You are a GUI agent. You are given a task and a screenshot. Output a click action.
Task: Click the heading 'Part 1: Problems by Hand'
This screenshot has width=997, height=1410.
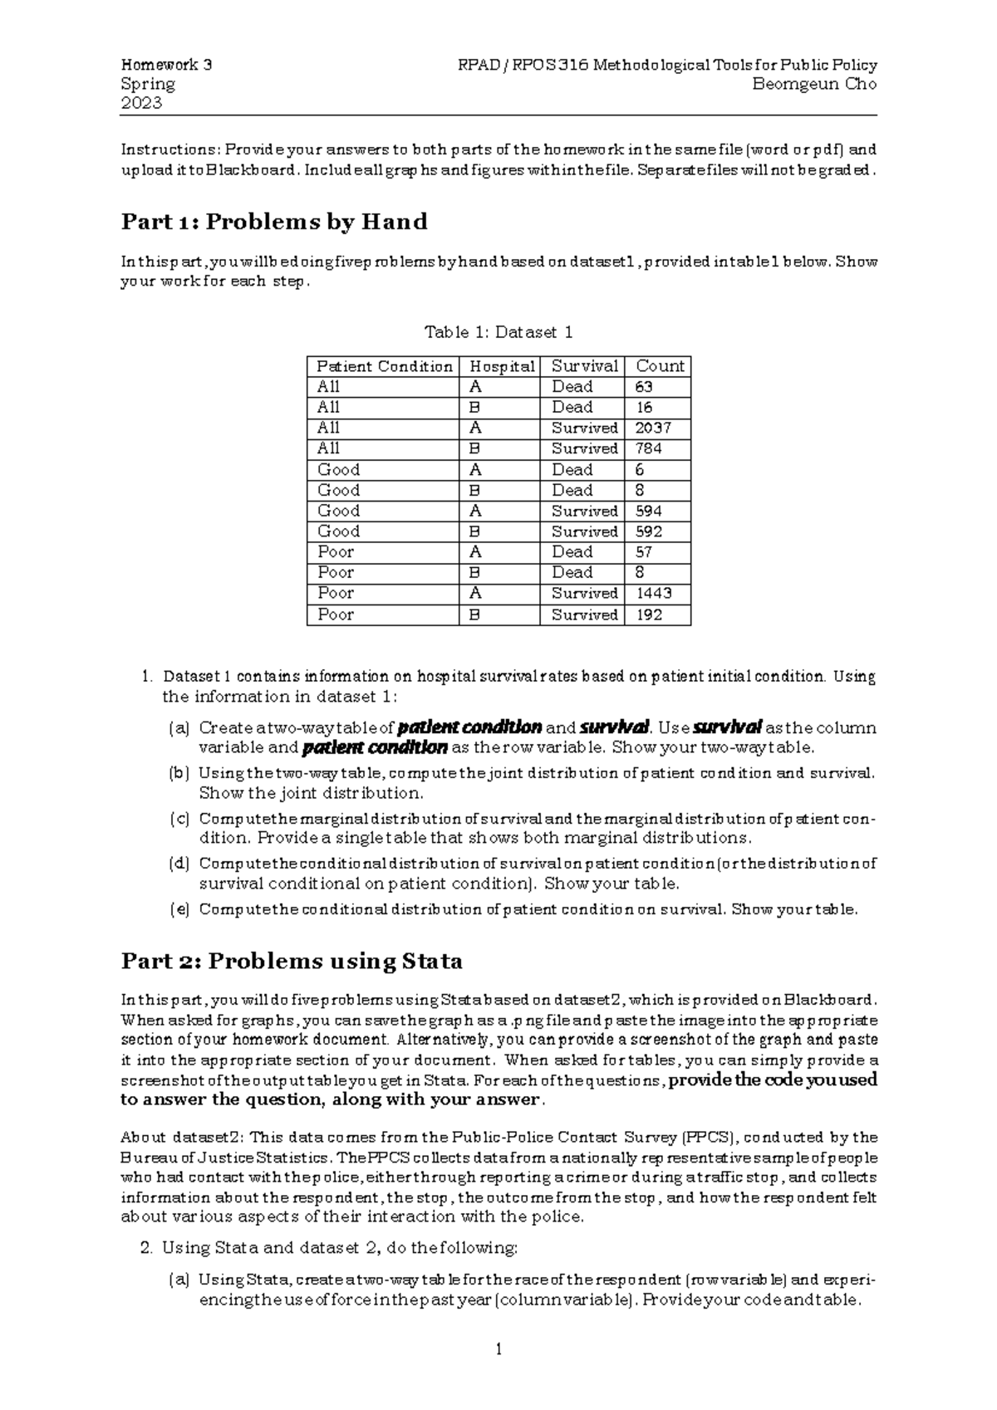point(274,222)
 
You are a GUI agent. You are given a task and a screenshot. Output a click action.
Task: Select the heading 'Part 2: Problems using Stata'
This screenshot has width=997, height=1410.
point(292,961)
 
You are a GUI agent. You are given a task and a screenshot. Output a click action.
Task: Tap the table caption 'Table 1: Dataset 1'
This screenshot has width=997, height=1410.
point(498,332)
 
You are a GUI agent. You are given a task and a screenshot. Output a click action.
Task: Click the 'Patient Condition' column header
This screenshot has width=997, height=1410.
point(384,366)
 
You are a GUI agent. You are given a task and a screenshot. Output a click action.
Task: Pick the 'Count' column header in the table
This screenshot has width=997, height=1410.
point(660,366)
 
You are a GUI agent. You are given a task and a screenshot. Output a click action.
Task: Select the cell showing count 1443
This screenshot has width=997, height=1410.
point(653,594)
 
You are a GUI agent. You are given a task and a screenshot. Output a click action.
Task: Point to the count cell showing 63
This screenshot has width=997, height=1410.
point(644,387)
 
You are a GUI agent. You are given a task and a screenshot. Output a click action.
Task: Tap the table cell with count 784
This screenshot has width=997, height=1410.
point(648,448)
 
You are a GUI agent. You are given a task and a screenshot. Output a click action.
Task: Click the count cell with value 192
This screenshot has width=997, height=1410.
point(648,615)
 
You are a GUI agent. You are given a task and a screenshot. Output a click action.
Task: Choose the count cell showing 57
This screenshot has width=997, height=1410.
point(644,552)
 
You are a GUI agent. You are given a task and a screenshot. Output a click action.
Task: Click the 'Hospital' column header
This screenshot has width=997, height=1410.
point(502,366)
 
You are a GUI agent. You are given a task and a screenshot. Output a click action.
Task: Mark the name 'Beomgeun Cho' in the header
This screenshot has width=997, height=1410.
point(814,84)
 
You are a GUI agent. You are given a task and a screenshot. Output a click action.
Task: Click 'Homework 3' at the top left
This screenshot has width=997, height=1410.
point(166,65)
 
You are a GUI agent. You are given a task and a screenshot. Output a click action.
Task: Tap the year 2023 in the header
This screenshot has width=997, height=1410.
point(141,103)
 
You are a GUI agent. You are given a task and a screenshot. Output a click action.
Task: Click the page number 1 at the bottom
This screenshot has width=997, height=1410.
point(498,1349)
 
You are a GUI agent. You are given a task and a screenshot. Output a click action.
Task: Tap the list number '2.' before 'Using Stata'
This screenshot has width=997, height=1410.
point(146,1247)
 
